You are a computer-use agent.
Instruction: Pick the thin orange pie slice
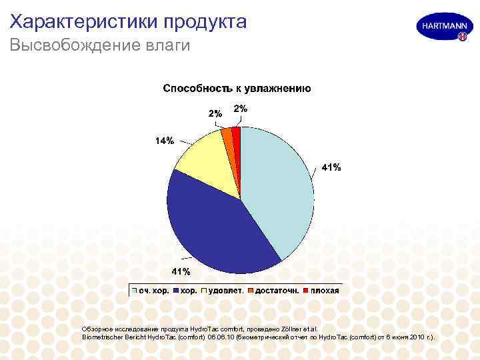point(228,137)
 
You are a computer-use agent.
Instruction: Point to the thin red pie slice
point(236,135)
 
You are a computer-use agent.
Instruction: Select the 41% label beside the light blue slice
point(331,167)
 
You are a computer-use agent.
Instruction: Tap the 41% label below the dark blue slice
point(181,271)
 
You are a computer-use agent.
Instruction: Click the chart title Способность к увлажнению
point(237,88)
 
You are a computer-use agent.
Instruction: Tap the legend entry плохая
point(323,291)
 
